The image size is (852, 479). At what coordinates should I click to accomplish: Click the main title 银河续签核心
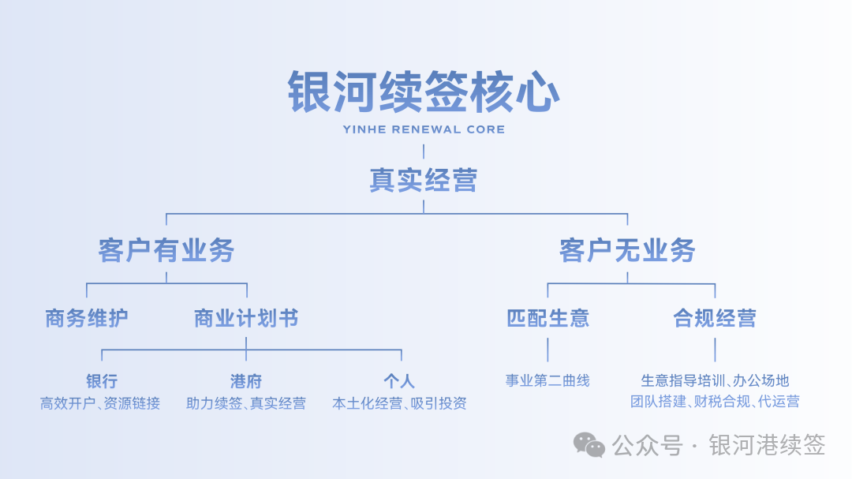tap(424, 92)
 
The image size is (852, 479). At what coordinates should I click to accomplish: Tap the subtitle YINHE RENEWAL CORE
tap(424, 129)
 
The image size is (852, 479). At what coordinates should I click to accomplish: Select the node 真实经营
tap(424, 181)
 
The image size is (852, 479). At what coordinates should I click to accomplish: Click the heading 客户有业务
tap(166, 250)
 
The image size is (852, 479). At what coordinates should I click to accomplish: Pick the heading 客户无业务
tap(627, 250)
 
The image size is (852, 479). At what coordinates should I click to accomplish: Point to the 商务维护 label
tap(87, 319)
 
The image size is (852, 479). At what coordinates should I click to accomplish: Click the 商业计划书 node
tap(246, 319)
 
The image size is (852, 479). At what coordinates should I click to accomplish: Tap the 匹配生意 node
tap(547, 319)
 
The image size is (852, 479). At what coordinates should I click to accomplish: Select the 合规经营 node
tap(715, 319)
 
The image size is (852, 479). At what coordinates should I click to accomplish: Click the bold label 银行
tap(102, 382)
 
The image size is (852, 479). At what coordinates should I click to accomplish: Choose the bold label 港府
tap(246, 382)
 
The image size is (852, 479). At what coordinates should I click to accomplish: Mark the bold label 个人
tap(399, 382)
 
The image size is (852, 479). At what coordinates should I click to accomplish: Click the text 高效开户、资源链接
tap(100, 403)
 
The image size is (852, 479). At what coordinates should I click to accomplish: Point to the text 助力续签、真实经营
tap(246, 403)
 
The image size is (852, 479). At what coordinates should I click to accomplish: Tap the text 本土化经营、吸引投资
tap(399, 403)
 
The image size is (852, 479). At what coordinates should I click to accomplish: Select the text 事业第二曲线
tap(547, 380)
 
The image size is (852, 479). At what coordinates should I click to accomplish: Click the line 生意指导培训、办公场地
tap(715, 381)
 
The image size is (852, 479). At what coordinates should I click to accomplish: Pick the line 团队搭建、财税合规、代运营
tap(715, 402)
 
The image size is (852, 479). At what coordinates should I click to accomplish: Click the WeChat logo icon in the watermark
tap(589, 445)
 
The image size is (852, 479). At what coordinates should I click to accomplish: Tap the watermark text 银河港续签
tap(767, 445)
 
